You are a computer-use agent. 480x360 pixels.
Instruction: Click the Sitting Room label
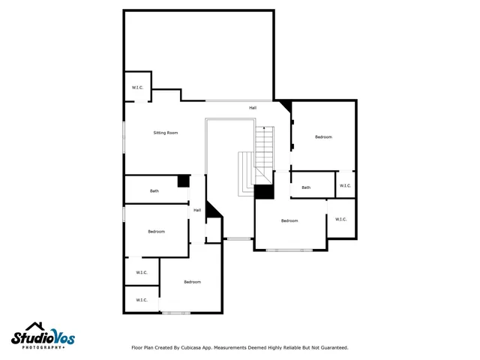(165, 133)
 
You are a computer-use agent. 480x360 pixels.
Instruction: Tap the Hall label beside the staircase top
(253, 108)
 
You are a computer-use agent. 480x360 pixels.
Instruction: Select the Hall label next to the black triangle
(197, 210)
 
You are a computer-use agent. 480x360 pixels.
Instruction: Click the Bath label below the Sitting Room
(154, 191)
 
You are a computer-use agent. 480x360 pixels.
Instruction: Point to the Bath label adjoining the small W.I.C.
(306, 187)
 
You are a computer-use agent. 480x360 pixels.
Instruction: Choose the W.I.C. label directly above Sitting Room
(137, 88)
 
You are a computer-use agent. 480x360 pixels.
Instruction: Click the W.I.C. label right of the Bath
(344, 185)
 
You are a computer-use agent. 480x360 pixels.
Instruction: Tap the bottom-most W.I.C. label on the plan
(141, 300)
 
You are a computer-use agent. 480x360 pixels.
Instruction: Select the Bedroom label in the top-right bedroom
(323, 137)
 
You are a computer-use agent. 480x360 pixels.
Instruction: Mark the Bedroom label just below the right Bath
(289, 220)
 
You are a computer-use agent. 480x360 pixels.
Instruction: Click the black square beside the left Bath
(182, 181)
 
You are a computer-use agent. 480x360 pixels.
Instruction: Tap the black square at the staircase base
(263, 192)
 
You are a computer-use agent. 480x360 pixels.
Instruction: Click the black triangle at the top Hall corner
(284, 106)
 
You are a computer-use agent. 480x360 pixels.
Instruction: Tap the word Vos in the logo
(62, 338)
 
